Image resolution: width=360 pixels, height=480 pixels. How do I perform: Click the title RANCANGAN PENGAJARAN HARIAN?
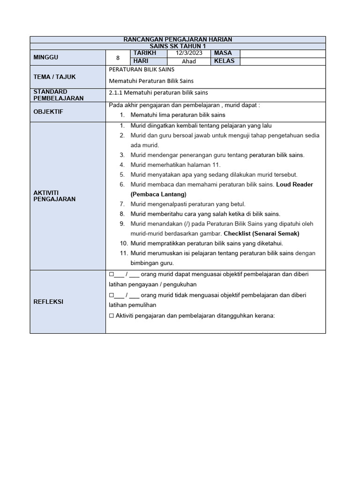178,40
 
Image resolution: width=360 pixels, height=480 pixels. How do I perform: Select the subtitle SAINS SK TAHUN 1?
178,46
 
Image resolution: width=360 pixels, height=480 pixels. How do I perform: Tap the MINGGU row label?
46,57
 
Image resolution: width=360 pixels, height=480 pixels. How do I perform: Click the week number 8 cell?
118,58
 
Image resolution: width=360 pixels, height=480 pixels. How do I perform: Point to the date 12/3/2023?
189,53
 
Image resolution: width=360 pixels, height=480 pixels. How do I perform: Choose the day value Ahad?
189,61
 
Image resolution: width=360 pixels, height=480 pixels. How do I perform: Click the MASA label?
223,53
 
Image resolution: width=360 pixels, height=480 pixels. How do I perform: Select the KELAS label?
225,61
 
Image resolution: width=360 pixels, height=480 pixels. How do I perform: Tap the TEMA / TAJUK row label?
54,77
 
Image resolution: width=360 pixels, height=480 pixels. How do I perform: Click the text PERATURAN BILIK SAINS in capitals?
135,69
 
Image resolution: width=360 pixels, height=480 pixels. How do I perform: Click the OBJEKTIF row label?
49,112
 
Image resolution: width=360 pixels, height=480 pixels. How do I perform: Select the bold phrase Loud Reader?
294,184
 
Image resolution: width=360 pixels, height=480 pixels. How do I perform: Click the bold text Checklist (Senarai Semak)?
261,233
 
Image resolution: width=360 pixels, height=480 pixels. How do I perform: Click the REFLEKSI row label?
49,302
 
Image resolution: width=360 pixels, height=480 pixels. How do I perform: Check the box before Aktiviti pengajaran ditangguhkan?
111,316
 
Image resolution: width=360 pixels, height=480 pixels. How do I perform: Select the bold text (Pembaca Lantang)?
158,194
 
